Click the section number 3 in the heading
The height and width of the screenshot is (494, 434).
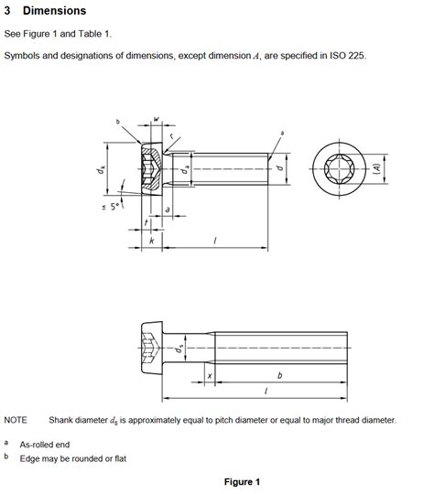[x=8, y=11]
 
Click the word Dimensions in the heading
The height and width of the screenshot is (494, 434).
[x=54, y=11]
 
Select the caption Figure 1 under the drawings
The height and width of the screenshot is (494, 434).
[x=242, y=482]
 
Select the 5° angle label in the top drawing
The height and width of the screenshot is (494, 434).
[x=115, y=208]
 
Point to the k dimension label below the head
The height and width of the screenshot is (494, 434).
[x=151, y=241]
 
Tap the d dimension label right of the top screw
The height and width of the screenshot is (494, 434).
[x=278, y=169]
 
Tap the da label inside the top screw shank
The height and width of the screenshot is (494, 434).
[x=184, y=170]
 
